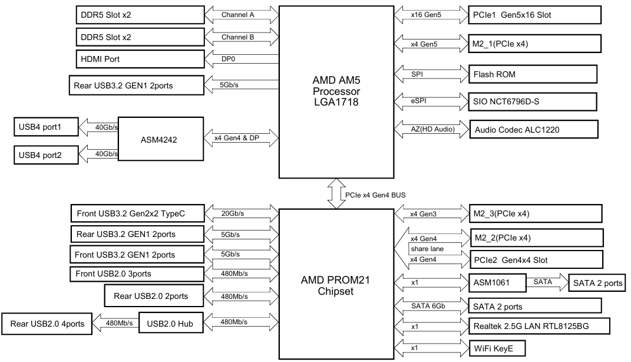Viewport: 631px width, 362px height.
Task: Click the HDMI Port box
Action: (140, 60)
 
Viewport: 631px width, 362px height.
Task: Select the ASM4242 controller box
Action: (160, 140)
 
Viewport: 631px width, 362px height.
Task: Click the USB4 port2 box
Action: (45, 155)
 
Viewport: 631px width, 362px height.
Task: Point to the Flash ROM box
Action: (533, 74)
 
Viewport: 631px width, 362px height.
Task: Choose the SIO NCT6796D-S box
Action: (534, 101)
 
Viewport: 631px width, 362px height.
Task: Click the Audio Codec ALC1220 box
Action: (534, 129)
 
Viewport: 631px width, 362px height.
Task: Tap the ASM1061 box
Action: (497, 283)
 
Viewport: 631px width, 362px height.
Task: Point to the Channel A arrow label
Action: (238, 15)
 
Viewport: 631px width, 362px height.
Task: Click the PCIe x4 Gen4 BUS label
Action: (375, 195)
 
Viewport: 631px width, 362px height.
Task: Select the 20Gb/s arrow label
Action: (233, 213)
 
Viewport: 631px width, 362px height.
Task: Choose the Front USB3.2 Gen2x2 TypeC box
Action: (137, 213)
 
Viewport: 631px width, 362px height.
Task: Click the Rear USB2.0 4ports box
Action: (47, 324)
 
